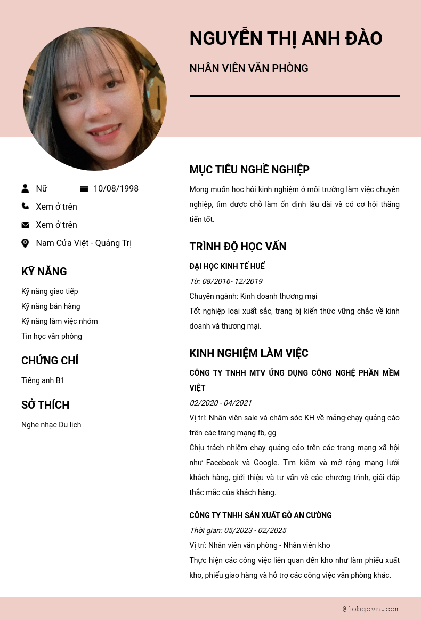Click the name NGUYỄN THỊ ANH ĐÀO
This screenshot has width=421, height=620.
pos(286,39)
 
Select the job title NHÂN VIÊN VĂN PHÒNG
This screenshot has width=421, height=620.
pos(249,68)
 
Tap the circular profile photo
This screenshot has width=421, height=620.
pos(95,99)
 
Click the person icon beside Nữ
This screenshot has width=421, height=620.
pos(25,188)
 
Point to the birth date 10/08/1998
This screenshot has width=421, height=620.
pos(116,188)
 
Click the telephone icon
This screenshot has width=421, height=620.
pos(25,206)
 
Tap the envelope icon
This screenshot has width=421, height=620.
pos(25,225)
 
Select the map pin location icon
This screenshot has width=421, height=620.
pos(25,243)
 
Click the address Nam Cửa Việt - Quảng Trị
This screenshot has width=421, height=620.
pos(84,243)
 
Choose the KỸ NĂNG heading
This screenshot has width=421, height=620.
pos(44,272)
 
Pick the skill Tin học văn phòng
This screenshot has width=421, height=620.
pos(52,336)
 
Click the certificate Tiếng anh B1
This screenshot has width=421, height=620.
pos(43,380)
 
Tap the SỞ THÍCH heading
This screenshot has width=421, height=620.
pos(45,405)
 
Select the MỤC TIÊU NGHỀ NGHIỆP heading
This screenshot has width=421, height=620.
pos(249,170)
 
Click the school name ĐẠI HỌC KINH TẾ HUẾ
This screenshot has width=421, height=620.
pos(227,266)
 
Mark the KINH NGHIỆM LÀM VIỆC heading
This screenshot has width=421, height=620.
pos(249,353)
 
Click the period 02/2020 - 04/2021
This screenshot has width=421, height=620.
pos(221,403)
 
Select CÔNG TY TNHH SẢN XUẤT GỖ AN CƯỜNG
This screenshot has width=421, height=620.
pos(261,515)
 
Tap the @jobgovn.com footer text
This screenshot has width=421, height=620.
pos(371,609)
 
